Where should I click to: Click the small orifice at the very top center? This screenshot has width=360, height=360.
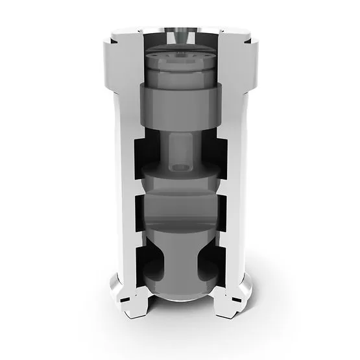coord(180,30)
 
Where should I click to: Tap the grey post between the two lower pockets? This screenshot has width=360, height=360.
coord(180,259)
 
